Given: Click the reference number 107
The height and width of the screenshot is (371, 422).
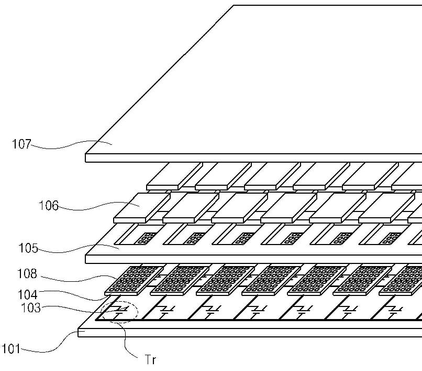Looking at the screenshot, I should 21,143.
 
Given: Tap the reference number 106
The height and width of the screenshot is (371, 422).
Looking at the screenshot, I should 49,205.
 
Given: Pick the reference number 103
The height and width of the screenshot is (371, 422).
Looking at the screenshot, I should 31,308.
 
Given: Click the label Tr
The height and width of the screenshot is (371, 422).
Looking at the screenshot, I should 150,359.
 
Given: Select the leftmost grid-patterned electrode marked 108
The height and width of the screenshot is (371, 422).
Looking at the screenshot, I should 128,279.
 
